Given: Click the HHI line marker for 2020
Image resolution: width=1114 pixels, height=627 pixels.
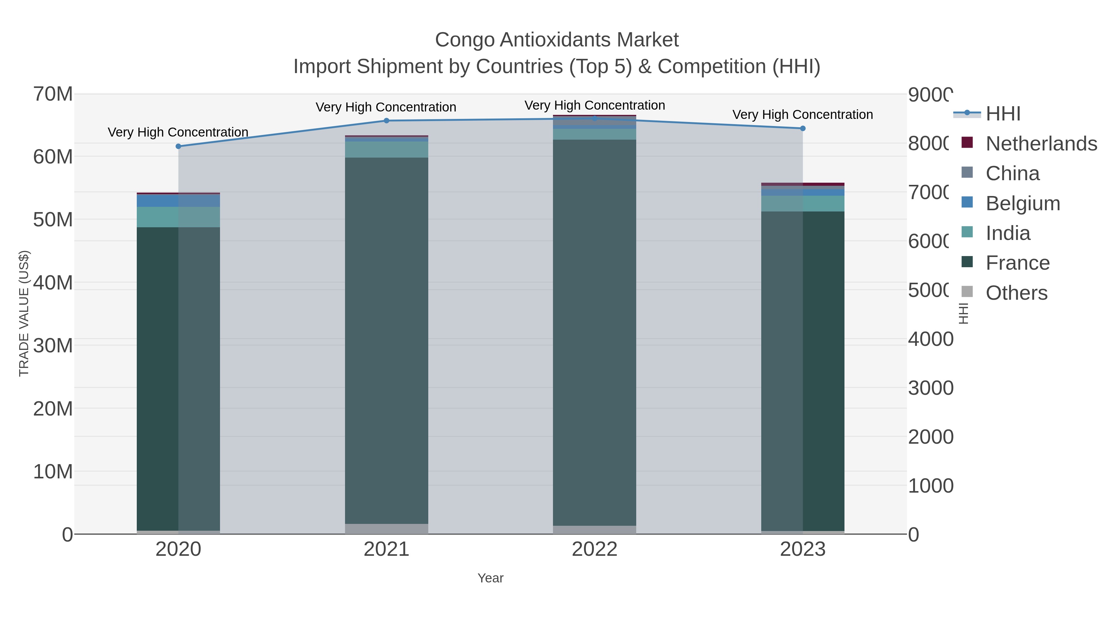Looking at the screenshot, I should [178, 146].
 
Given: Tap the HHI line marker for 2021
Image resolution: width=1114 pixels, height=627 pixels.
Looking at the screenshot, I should [386, 121].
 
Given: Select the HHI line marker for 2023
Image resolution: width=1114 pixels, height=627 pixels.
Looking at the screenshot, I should [803, 128].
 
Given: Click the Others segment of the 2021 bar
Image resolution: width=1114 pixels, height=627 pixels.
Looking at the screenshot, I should [386, 529].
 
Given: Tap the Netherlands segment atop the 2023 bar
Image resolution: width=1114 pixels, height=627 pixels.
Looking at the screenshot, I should [803, 184].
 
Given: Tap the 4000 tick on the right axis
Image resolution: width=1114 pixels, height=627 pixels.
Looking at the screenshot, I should [930, 339].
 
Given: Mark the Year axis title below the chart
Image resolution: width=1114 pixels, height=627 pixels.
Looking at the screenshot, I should [490, 578].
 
